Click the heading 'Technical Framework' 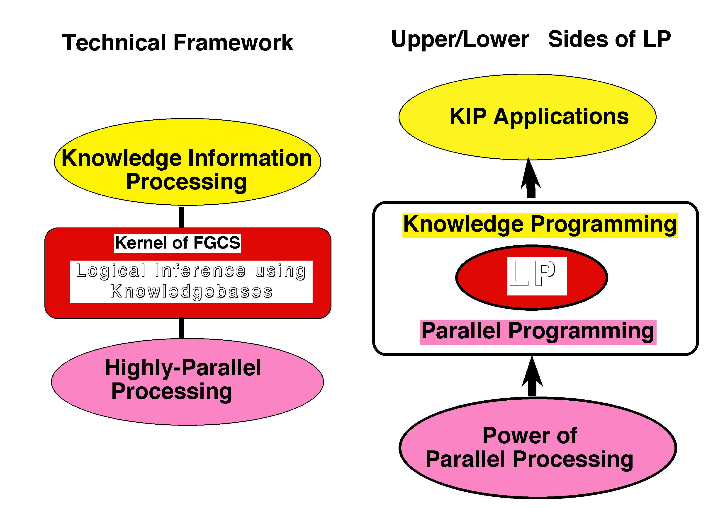click(178, 43)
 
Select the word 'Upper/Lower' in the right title click(460, 40)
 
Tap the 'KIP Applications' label click(539, 116)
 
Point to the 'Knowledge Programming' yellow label click(540, 225)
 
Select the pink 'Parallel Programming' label click(538, 331)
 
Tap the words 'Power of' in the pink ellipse click(530, 435)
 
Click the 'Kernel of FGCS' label click(178, 243)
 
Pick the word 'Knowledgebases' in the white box click(191, 292)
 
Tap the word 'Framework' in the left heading click(233, 43)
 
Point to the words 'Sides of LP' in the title click(609, 39)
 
